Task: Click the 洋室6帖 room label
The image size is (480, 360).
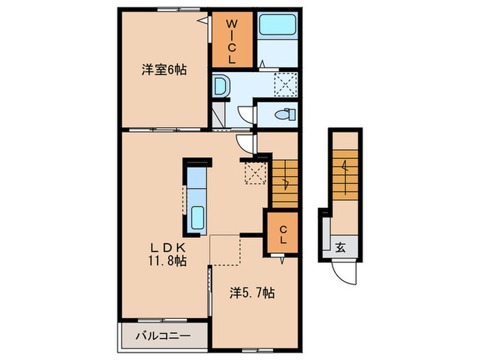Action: tap(165, 69)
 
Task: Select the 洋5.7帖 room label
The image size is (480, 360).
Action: tap(252, 293)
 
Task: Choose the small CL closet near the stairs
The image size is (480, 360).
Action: tap(282, 235)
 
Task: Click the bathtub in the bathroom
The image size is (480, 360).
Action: tap(278, 27)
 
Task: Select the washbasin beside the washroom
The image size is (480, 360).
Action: tap(221, 86)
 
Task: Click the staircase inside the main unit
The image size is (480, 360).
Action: tap(285, 182)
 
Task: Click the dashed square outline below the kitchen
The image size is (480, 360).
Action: tap(225, 250)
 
